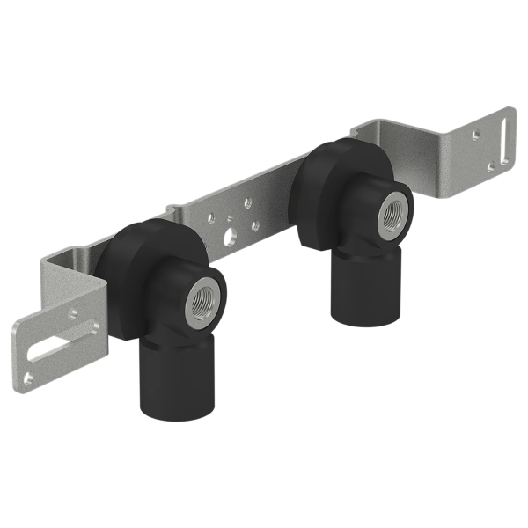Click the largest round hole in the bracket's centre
coord(231,235)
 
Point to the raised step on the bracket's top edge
coord(176,211)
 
